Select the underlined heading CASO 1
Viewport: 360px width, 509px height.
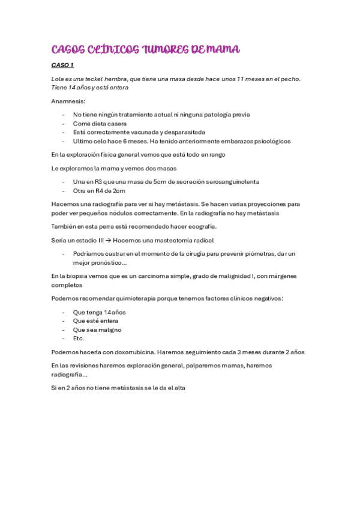pos(62,65)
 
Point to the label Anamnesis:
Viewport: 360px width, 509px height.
pos(68,101)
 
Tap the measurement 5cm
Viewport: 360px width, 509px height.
pos(155,182)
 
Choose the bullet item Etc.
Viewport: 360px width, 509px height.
pos(79,338)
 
